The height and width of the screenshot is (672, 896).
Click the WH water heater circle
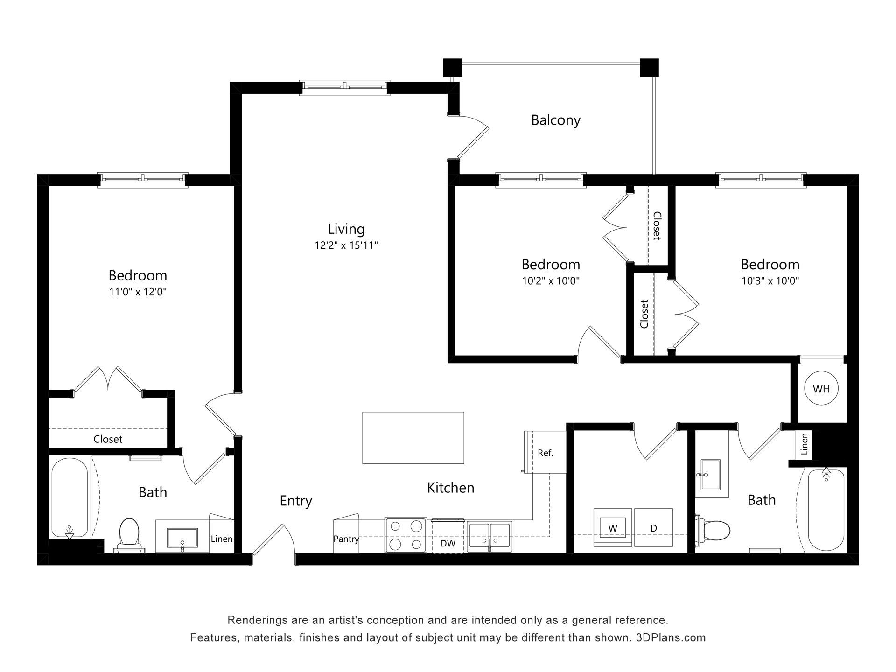coord(821,388)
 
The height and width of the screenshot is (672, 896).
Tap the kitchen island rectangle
coord(413,438)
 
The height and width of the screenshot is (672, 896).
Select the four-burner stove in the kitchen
coord(406,535)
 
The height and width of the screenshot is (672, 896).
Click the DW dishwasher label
coord(448,543)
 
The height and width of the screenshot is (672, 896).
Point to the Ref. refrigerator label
coord(545,453)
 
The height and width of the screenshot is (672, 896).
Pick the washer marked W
coord(613,527)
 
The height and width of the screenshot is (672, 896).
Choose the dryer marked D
coord(653,527)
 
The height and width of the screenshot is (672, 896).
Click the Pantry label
coord(346,539)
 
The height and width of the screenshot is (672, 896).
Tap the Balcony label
coord(556,120)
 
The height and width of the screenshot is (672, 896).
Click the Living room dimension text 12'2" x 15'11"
coord(346,245)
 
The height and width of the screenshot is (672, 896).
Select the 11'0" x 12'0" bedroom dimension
coord(138,292)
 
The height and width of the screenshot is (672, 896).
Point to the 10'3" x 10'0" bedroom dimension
coord(770,281)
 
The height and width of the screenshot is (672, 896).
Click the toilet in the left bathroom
coord(130,534)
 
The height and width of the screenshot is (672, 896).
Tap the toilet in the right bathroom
coord(713,530)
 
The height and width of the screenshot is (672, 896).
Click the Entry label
coord(296,501)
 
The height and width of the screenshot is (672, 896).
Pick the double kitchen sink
coord(490,536)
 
